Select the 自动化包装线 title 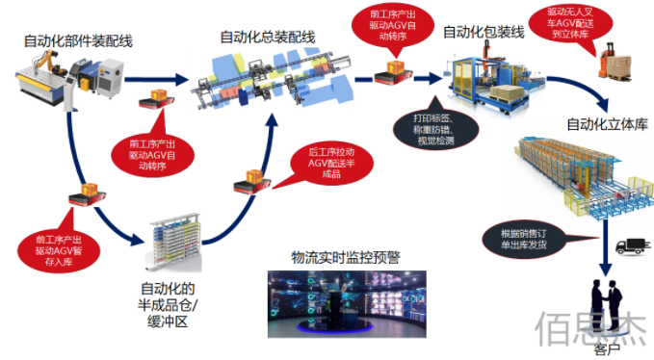483,32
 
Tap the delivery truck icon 631,246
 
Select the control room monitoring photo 345,303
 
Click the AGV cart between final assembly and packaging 396,70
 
